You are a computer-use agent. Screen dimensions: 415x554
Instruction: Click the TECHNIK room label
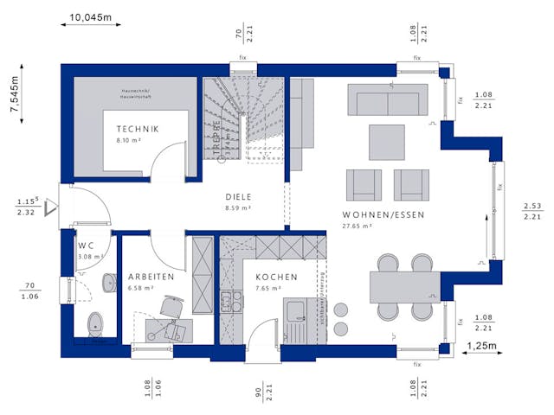coord(138,130)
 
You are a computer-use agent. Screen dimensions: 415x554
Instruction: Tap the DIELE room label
coord(238,196)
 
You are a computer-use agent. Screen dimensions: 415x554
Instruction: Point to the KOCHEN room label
coord(276,278)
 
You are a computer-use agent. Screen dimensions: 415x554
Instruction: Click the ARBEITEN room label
coord(151,277)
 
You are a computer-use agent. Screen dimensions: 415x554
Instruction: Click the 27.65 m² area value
coord(357,227)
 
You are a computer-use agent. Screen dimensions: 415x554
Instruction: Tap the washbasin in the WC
coord(110,283)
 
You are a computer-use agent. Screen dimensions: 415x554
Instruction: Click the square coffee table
coord(385,142)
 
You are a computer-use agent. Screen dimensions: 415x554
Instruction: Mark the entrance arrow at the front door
coord(52,207)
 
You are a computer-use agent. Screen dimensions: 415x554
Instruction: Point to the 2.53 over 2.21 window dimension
coord(531,210)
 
